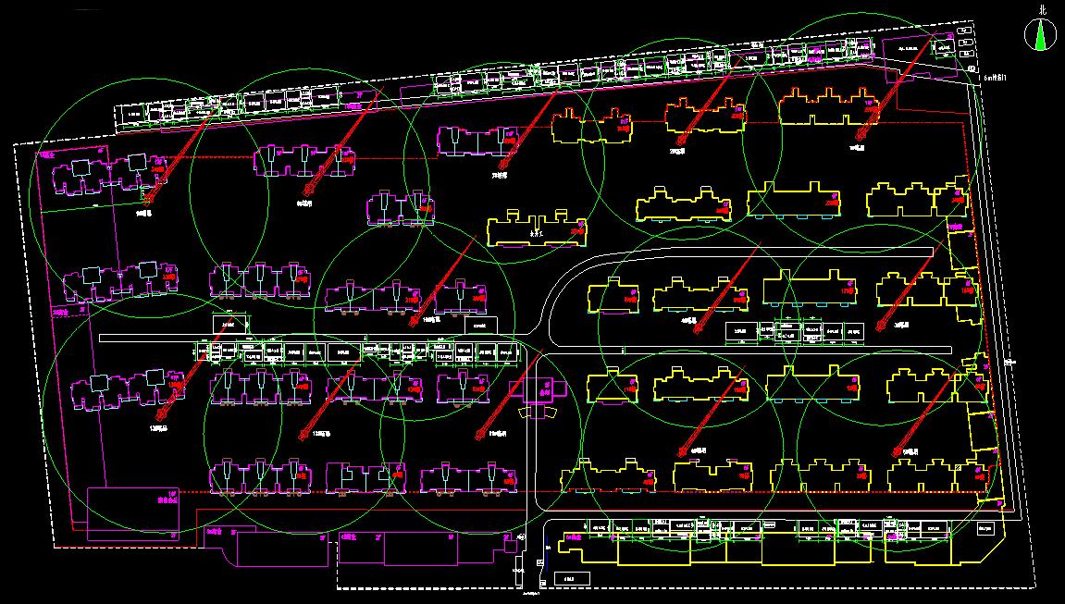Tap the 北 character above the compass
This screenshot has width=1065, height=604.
click(1044, 9)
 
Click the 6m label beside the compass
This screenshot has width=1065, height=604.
click(995, 79)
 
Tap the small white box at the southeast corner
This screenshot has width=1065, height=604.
click(987, 528)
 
